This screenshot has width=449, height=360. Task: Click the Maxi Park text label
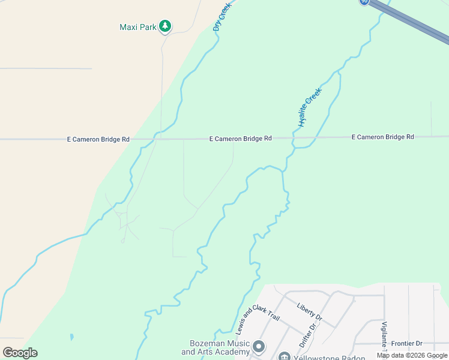click(137, 27)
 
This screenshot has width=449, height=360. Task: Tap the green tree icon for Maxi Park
click(165, 26)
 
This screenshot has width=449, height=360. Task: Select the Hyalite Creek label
click(310, 107)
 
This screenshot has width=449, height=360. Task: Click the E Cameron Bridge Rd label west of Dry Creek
click(98, 139)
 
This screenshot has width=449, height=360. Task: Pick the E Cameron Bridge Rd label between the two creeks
click(240, 139)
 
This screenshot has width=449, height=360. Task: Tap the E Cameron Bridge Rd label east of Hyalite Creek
click(382, 137)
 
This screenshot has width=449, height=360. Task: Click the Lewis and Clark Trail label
click(249, 321)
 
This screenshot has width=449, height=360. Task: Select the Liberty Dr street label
click(310, 310)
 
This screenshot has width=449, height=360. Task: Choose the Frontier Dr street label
click(407, 344)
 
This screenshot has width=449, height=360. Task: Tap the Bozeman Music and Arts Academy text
click(215, 347)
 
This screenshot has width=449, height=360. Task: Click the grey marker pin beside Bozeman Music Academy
click(259, 347)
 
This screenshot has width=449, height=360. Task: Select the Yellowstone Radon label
click(330, 358)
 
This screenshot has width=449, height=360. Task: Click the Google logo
click(20, 352)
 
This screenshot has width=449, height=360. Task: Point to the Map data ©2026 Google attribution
click(412, 355)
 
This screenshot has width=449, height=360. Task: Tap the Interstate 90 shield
click(364, 2)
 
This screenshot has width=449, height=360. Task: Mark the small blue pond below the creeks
click(71, 337)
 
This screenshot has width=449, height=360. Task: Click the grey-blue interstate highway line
click(414, 23)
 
